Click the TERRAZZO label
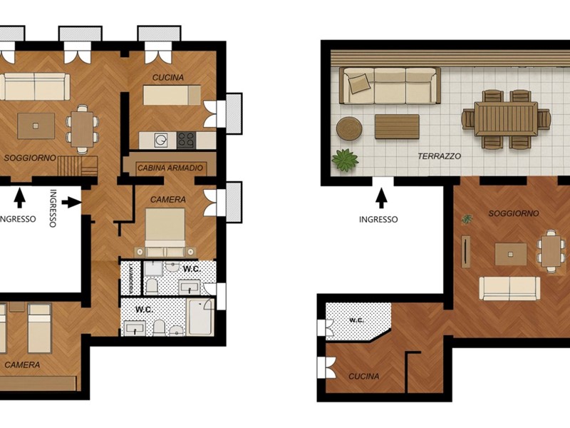click(x=439, y=156)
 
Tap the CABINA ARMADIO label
click(x=170, y=168)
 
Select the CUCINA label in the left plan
click(x=168, y=78)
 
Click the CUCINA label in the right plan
click(x=364, y=377)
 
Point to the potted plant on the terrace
click(x=345, y=159)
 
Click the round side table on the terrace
click(x=349, y=128)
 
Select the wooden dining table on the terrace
click(x=506, y=119)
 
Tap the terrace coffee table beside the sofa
click(x=397, y=127)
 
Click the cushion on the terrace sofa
click(x=359, y=83)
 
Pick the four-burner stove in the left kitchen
click(x=186, y=140)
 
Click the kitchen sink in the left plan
click(x=161, y=140)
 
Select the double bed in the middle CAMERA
click(x=165, y=233)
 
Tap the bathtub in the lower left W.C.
click(x=200, y=317)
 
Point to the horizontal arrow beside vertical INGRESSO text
click(x=71, y=203)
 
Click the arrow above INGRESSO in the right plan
click(x=381, y=198)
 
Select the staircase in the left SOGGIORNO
click(x=78, y=166)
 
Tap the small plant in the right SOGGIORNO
click(x=467, y=219)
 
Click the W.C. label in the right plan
click(x=357, y=320)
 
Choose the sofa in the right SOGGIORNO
click(x=509, y=288)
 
